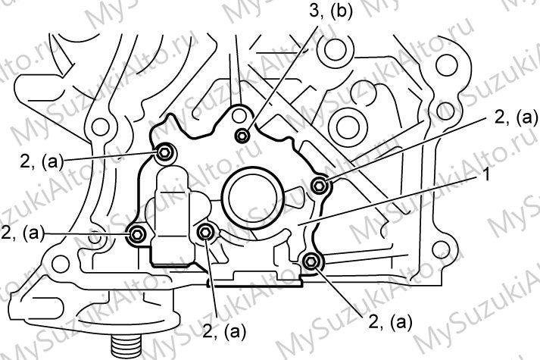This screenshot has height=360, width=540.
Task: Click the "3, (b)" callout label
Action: [330, 11]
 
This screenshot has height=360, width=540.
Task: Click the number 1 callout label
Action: [485, 175]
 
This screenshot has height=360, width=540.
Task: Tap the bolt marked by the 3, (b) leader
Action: [242, 135]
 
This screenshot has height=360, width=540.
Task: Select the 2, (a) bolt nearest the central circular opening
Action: [205, 233]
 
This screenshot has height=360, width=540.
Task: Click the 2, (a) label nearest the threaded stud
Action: [224, 333]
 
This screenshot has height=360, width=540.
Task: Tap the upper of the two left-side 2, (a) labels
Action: [42, 161]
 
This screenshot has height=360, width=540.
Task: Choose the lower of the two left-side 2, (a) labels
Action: [23, 233]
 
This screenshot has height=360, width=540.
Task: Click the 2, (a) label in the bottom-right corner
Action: [389, 322]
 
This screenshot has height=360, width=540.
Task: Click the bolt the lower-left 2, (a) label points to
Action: [136, 235]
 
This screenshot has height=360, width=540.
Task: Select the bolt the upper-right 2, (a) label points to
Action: [319, 186]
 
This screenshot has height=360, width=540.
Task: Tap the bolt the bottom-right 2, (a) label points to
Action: [311, 261]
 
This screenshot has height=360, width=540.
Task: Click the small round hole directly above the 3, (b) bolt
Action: [239, 116]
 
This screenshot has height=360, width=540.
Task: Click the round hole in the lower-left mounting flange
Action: [61, 264]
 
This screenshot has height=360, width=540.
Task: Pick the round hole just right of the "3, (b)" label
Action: [335, 51]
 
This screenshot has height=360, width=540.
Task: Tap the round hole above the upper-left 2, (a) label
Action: [100, 127]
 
